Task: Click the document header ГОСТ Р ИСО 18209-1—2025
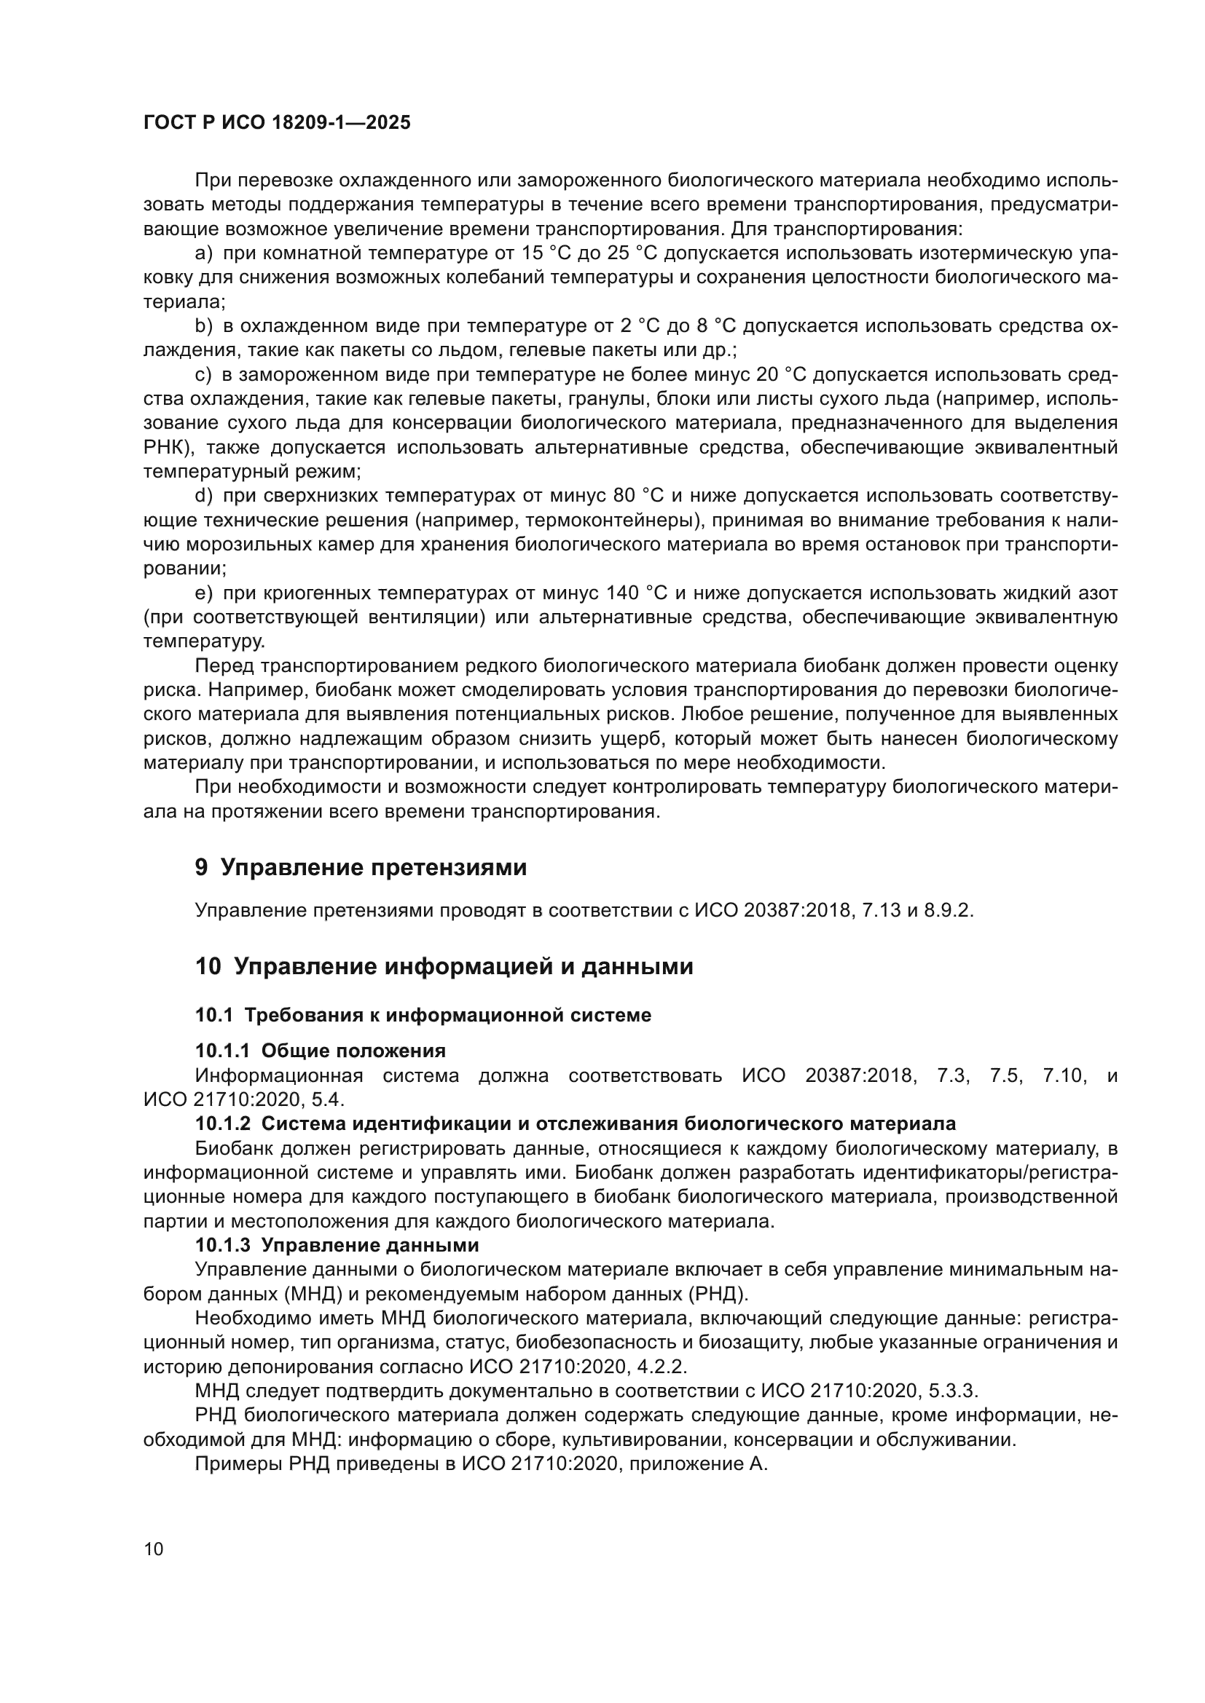pos(277,123)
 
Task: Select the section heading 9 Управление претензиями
pos(361,867)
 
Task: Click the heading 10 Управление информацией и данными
pos(444,966)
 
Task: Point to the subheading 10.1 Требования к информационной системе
pos(423,1016)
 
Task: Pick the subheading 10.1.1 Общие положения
pos(320,1051)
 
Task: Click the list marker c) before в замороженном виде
pos(203,375)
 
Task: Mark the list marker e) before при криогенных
pos(203,593)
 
